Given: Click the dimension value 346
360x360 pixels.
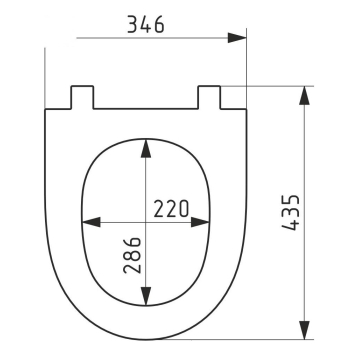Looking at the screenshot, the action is pyautogui.click(x=146, y=24).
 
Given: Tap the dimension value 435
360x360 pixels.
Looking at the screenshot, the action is pyautogui.click(x=291, y=212).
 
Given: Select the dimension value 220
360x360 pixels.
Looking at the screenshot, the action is pyautogui.click(x=171, y=209).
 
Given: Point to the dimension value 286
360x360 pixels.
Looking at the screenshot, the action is pyautogui.click(x=132, y=255).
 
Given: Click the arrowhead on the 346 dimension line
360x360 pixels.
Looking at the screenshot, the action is pyautogui.click(x=237, y=38).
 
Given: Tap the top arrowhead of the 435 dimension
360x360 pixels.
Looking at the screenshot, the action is pyautogui.click(x=304, y=96).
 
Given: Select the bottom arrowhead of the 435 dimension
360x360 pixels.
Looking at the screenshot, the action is pyautogui.click(x=304, y=330).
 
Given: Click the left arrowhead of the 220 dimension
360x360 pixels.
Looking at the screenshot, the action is pyautogui.click(x=91, y=222).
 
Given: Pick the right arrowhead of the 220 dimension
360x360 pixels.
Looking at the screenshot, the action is pyautogui.click(x=200, y=222).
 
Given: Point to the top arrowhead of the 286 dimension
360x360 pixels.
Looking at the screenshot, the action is pyautogui.click(x=146, y=148).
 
